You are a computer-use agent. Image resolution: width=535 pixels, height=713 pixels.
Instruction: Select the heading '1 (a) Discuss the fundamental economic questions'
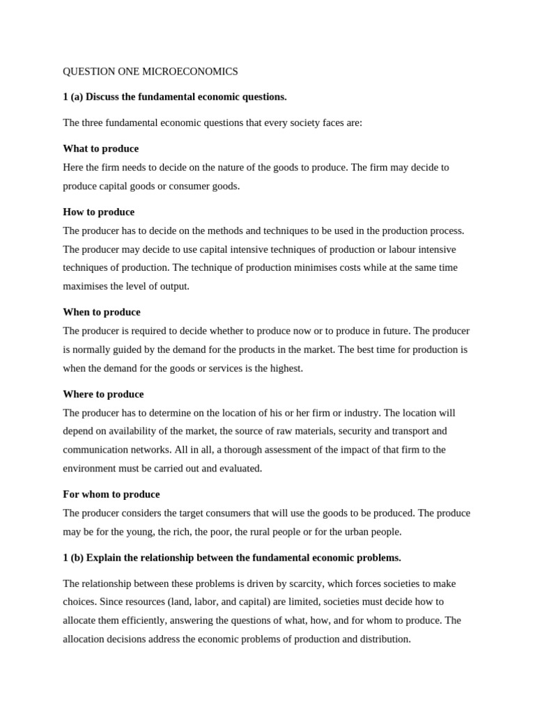[x=175, y=97]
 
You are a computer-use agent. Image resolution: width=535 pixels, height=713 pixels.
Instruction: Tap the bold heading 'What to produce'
[x=100, y=148]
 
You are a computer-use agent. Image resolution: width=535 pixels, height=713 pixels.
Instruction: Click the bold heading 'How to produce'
[x=98, y=212]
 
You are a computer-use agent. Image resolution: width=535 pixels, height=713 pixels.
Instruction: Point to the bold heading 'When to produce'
[x=102, y=312]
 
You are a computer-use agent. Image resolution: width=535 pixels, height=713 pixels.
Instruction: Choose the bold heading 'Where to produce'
[x=103, y=394]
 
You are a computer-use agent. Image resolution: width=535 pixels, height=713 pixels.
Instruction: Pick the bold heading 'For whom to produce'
[x=111, y=494]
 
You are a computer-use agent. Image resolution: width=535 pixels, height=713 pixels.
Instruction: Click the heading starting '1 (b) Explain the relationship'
[x=232, y=558]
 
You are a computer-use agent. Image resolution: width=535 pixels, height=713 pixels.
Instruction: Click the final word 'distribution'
[x=383, y=638]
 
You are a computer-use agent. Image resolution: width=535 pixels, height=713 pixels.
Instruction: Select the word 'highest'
[x=285, y=368]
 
